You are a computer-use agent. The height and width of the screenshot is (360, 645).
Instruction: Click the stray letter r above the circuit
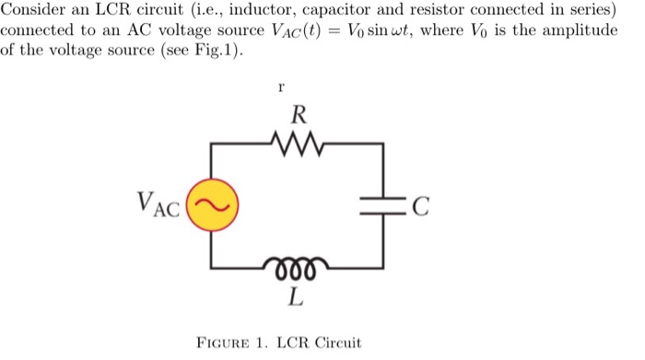(280, 87)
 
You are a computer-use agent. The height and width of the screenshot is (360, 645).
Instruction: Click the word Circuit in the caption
(336, 343)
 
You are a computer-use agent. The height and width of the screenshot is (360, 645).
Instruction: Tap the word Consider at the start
(31, 10)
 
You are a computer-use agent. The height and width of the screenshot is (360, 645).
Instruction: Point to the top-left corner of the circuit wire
(212, 144)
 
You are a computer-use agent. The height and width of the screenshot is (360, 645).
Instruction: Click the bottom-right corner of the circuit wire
(382, 267)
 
